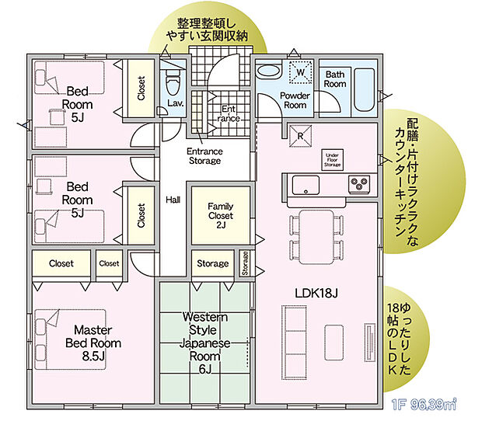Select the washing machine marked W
click(299, 72)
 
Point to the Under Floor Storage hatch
click(332, 160)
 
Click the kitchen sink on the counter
click(304, 184)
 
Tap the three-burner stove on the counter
click(358, 184)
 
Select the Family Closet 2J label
click(220, 215)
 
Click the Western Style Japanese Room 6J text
click(205, 343)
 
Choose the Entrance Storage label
click(205, 155)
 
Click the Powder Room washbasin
click(270, 70)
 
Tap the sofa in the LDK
click(295, 339)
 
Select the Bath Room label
click(335, 78)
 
